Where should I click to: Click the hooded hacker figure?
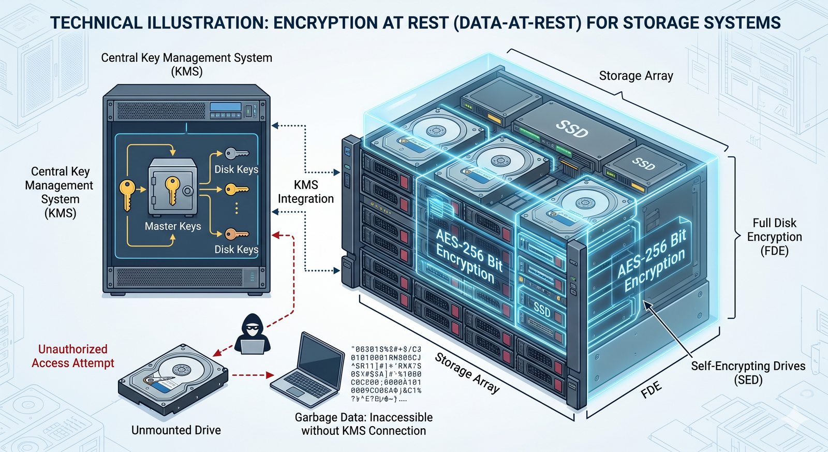pyautogui.click(x=253, y=334)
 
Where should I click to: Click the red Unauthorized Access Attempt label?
pyautogui.click(x=72, y=356)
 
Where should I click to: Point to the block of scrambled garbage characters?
pyautogui.click(x=386, y=374)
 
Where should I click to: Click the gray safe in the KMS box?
pyautogui.click(x=172, y=187)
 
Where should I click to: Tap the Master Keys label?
pyautogui.click(x=173, y=226)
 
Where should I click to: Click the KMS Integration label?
pyautogui.click(x=306, y=192)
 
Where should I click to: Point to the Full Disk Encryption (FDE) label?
pyautogui.click(x=774, y=237)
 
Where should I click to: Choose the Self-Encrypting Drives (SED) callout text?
pyautogui.click(x=748, y=373)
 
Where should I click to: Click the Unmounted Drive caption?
pyautogui.click(x=176, y=430)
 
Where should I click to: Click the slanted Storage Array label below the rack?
pyautogui.click(x=467, y=373)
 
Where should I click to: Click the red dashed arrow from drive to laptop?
pyautogui.click(x=252, y=374)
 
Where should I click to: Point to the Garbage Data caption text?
pyautogui.click(x=363, y=424)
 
